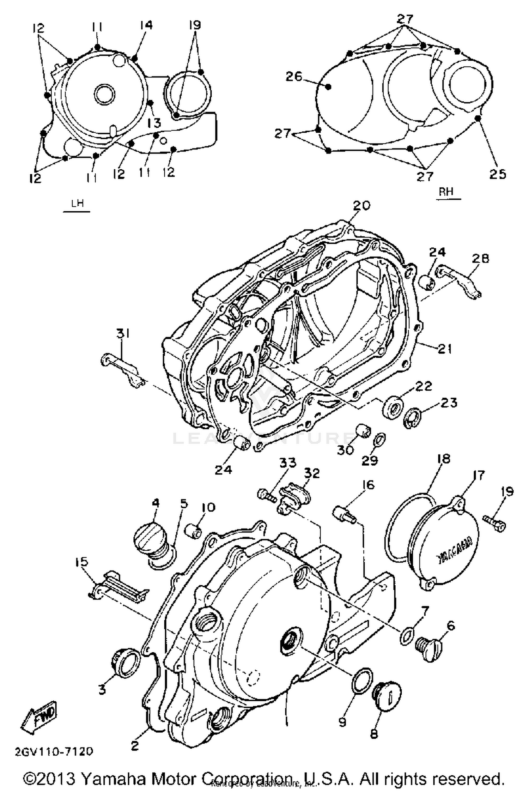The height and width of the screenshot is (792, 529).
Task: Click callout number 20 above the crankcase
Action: (361, 206)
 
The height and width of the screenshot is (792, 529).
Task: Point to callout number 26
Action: (294, 76)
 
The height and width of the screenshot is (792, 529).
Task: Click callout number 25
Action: (497, 174)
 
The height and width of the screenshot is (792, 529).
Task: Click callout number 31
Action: (122, 333)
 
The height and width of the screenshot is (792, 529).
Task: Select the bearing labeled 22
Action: (394, 407)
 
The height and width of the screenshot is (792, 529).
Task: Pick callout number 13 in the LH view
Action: (154, 123)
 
